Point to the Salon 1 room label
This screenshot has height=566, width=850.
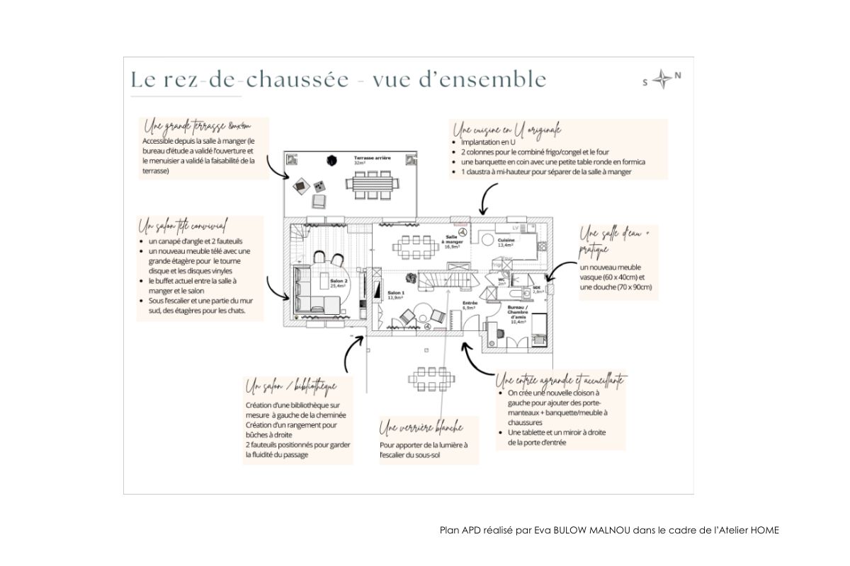tap(395, 295)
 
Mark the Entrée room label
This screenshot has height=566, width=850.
tap(469, 306)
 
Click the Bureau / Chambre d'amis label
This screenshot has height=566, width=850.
tap(516, 314)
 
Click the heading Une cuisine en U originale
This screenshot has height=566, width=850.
tap(506, 130)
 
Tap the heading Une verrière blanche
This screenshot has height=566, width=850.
tap(421, 428)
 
